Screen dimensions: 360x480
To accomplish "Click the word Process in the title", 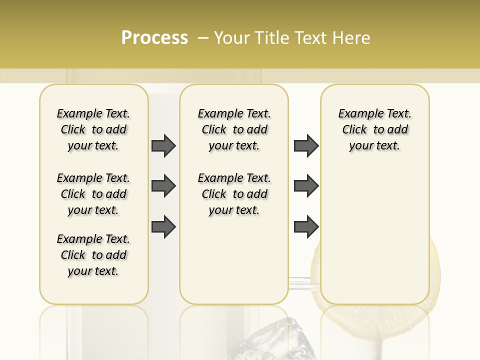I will pyautogui.click(x=154, y=38).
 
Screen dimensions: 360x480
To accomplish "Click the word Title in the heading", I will pyautogui.click(x=269, y=38).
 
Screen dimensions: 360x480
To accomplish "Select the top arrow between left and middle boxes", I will pyautogui.click(x=163, y=145).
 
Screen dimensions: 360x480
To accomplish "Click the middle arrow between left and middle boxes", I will pyautogui.click(x=163, y=186).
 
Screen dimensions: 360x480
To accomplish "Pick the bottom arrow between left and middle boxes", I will pyautogui.click(x=163, y=226).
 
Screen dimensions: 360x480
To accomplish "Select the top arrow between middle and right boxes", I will pyautogui.click(x=306, y=145).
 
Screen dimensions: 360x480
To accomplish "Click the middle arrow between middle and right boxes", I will pyautogui.click(x=306, y=186).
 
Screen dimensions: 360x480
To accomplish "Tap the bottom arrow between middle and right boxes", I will pyautogui.click(x=306, y=226).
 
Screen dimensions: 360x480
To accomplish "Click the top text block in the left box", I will pyautogui.click(x=93, y=129).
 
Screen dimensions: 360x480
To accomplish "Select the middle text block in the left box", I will pyautogui.click(x=93, y=194).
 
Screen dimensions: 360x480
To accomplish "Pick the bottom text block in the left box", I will pyautogui.click(x=93, y=255).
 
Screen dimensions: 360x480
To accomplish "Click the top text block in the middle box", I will pyautogui.click(x=234, y=129).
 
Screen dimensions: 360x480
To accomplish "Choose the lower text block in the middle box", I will pyautogui.click(x=234, y=194).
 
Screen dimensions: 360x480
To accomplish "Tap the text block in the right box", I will pyautogui.click(x=374, y=129).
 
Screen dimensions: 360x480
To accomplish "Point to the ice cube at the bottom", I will pyautogui.click(x=270, y=337).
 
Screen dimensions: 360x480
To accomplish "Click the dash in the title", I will pyautogui.click(x=203, y=38).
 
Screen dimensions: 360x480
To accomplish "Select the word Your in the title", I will pyautogui.click(x=232, y=38).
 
